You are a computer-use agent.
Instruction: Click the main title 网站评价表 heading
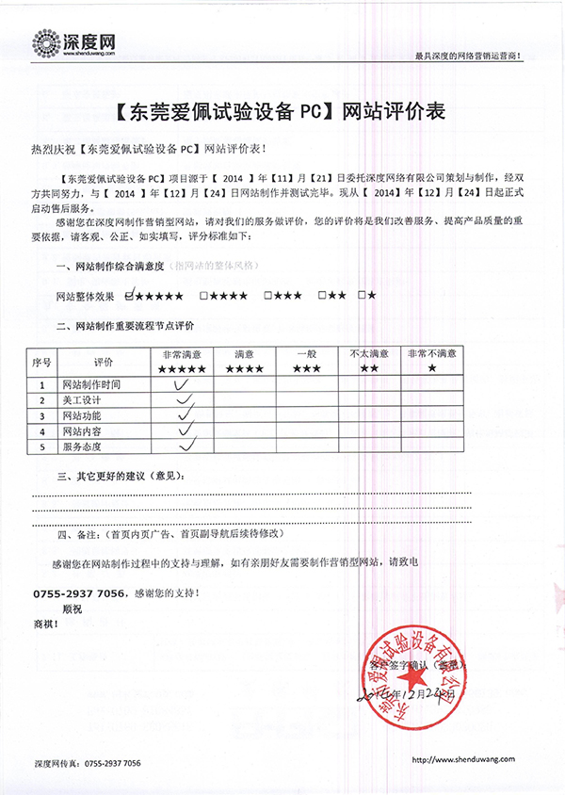click(282, 112)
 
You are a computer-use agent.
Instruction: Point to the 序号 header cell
click(41, 361)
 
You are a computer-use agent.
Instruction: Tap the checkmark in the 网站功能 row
click(185, 414)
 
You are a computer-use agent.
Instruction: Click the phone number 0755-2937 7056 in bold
click(80, 593)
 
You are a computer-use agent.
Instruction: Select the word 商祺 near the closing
click(46, 624)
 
